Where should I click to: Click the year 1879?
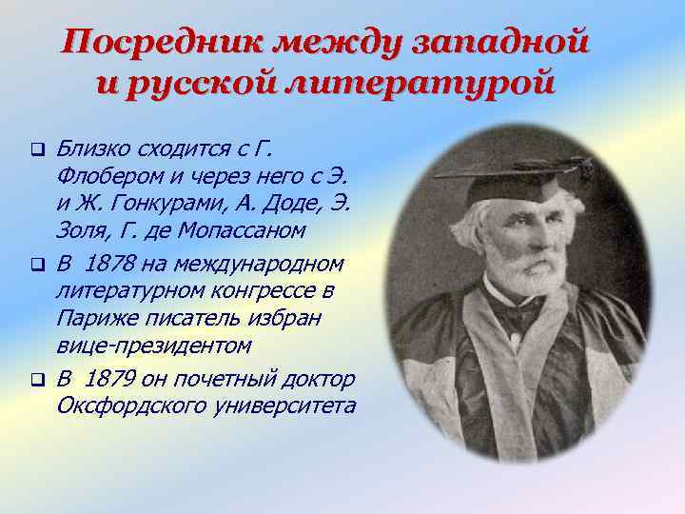(110, 380)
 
